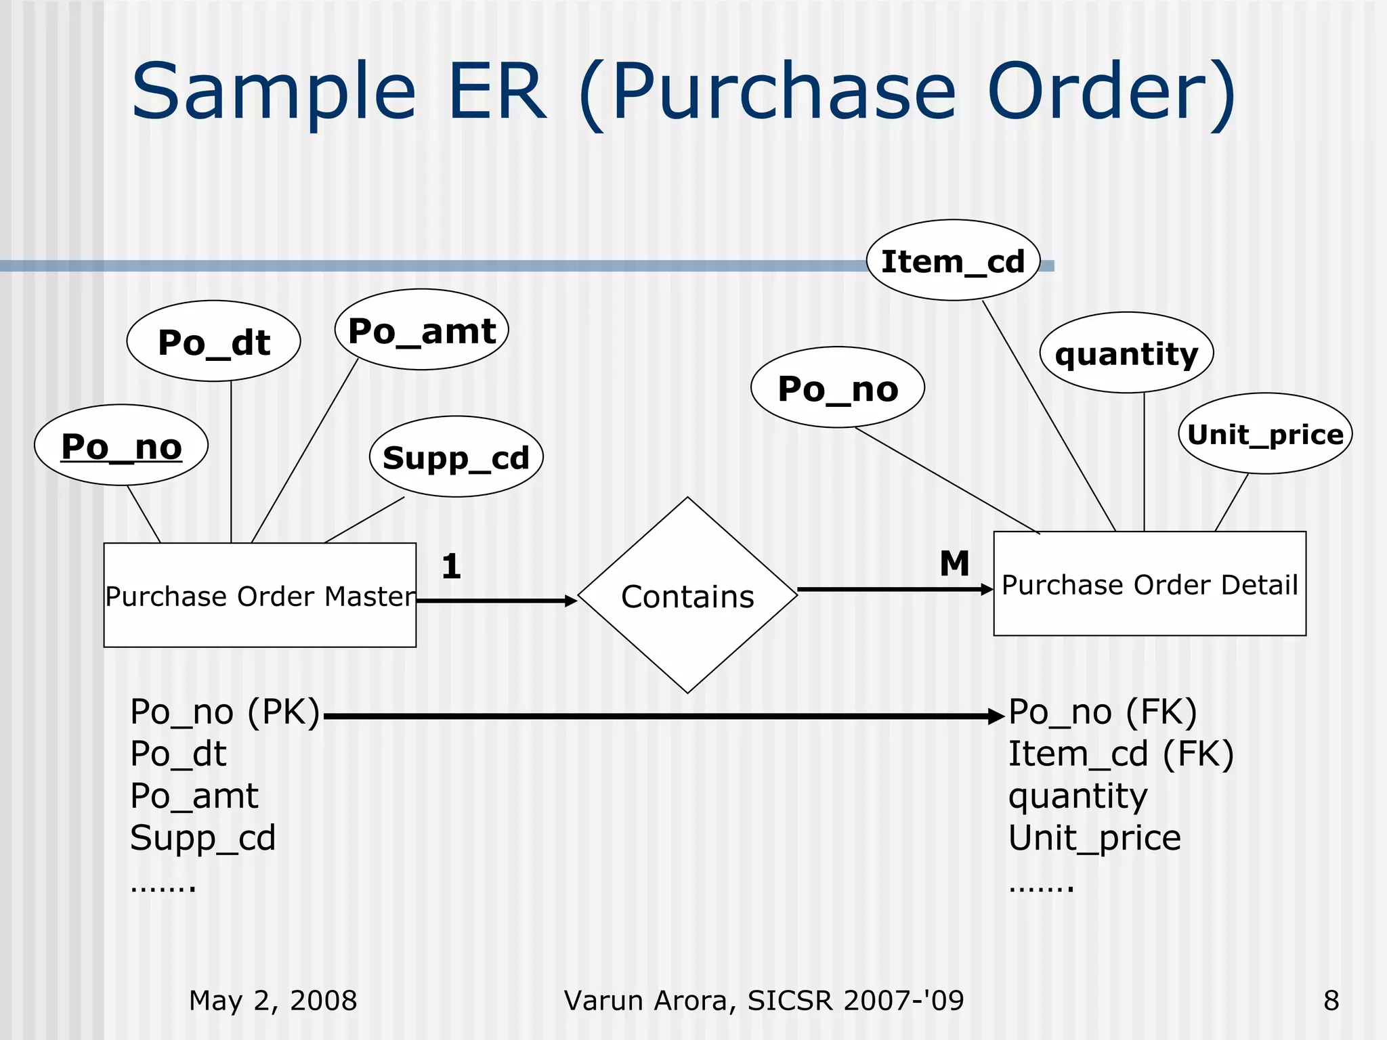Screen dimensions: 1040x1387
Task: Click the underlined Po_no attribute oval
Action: click(x=121, y=446)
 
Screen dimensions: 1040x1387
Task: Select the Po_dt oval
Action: click(x=213, y=341)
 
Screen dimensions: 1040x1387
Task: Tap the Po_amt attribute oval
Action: click(x=421, y=330)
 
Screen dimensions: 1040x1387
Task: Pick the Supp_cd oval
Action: click(x=456, y=457)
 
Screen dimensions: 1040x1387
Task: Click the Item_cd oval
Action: click(x=953, y=261)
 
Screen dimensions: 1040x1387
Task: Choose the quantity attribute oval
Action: click(x=1126, y=353)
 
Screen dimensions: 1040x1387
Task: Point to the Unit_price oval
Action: click(x=1265, y=434)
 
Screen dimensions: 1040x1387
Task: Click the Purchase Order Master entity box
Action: click(x=259, y=596)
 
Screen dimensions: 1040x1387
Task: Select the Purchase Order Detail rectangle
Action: click(x=1149, y=584)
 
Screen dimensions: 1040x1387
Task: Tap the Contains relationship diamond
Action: click(x=687, y=596)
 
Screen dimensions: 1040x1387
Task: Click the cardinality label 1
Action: click(x=451, y=566)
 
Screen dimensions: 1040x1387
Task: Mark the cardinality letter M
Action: click(x=954, y=563)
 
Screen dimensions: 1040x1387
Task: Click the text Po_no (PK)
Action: click(x=225, y=712)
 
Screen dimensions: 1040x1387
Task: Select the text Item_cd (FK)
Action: click(x=1121, y=754)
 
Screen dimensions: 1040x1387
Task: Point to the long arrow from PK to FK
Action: click(x=664, y=716)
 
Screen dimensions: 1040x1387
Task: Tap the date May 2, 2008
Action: click(x=272, y=1000)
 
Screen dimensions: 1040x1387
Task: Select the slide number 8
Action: click(x=1331, y=1000)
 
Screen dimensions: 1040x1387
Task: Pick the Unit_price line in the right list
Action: click(x=1094, y=838)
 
